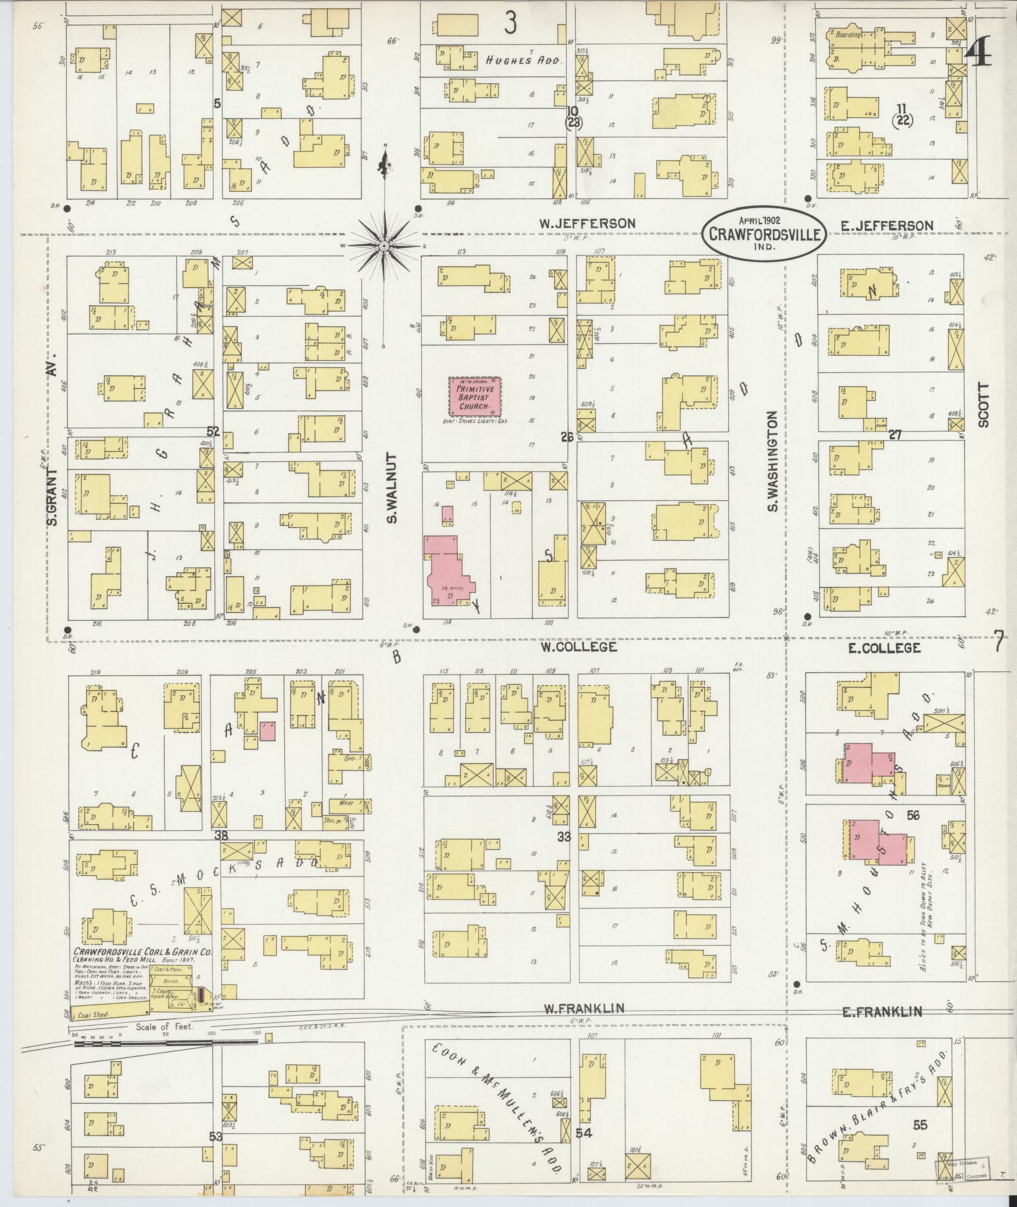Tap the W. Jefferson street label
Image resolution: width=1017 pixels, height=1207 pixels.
coord(586,223)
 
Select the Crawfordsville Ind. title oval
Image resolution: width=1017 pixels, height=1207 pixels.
coord(764,233)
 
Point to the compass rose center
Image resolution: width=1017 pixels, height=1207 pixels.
coord(383,245)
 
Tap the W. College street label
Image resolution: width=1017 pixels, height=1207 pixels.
coord(578,647)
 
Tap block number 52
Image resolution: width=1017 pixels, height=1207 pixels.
coord(213,432)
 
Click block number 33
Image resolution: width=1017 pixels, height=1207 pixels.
coord(564,837)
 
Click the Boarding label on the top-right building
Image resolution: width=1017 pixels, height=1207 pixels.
coord(848,34)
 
